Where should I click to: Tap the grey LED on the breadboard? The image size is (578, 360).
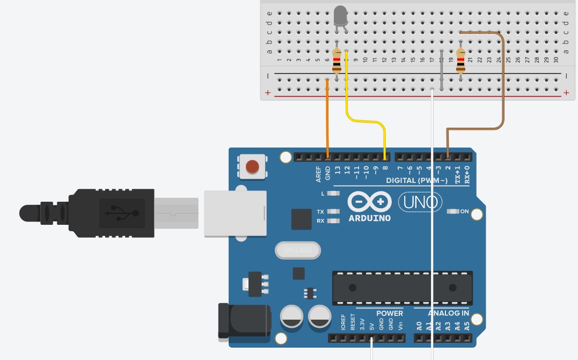point(340,16)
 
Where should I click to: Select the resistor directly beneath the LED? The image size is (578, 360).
point(336,60)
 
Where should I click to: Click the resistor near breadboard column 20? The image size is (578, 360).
point(460,60)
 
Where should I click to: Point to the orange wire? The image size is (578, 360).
point(327,118)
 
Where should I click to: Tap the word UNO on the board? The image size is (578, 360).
point(420,202)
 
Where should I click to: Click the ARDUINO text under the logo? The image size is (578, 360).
point(370,218)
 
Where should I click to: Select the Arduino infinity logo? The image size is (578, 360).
point(369,202)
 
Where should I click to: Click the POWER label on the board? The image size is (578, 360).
point(389,313)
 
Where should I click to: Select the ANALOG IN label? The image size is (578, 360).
point(448,313)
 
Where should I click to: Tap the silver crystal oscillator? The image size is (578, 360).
point(297,250)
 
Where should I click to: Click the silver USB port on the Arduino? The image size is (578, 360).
point(235,214)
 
